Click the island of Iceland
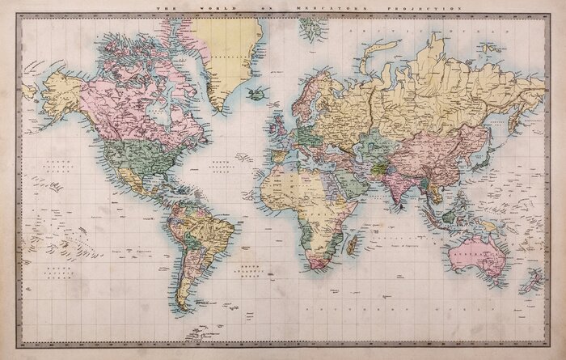258,93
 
